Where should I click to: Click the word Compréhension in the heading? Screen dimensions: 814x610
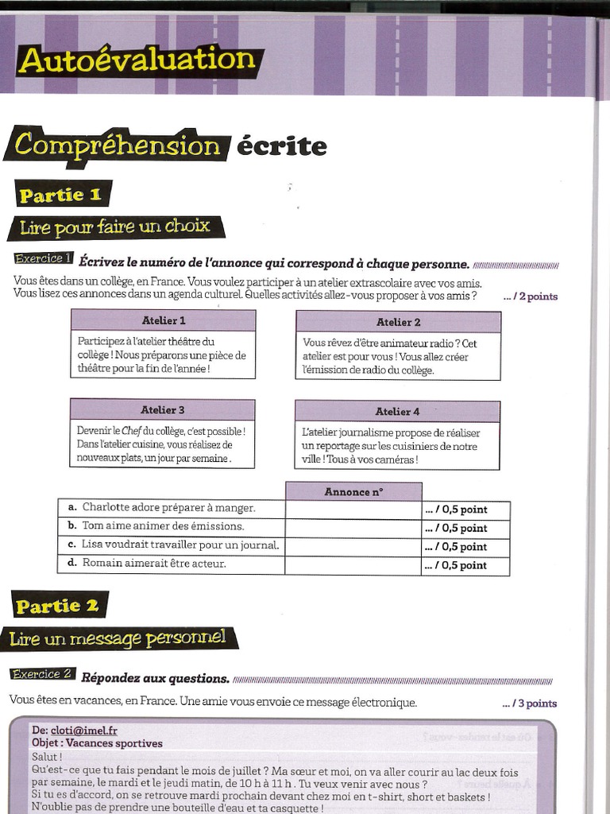(117, 145)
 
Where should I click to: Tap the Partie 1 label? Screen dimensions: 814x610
(61, 195)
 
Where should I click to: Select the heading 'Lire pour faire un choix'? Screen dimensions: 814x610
(114, 227)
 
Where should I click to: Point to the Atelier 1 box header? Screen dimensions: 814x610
(163, 320)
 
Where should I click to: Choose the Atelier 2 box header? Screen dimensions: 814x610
(398, 322)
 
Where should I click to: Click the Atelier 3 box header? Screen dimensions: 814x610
(162, 410)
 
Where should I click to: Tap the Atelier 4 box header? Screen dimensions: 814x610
(397, 412)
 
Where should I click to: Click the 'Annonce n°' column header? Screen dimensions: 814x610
(353, 492)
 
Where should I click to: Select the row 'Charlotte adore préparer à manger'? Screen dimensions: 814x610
(170, 508)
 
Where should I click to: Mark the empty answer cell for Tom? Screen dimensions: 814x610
(353, 528)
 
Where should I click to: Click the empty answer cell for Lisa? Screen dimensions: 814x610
(353, 547)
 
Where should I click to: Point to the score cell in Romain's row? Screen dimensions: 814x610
(465, 566)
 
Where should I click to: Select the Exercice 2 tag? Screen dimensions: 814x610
(42, 675)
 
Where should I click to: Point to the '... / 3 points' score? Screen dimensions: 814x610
(530, 704)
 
